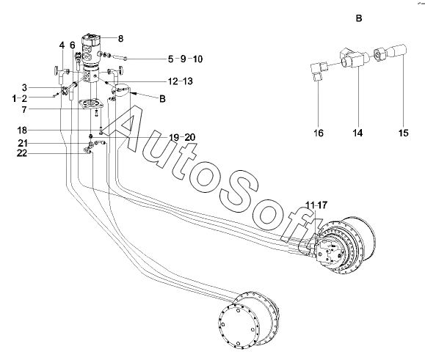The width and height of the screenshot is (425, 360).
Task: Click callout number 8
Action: click(120, 39)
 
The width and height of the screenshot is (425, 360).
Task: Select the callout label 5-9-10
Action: click(185, 59)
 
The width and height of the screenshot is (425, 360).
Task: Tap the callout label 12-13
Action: click(181, 81)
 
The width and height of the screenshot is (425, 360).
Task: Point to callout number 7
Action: click(24, 110)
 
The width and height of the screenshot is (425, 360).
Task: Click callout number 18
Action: click(22, 131)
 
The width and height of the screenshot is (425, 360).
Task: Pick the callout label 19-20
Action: click(182, 138)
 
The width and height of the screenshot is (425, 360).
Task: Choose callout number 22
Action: click(22, 153)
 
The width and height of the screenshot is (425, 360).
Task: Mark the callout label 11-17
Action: click(316, 205)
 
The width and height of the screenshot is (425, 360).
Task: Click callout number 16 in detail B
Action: click(319, 133)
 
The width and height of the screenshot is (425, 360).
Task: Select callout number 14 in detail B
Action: click(357, 133)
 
